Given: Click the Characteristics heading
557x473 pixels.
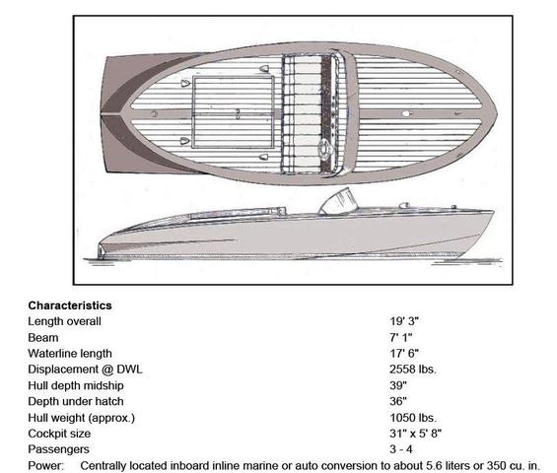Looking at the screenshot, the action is (x=70, y=305).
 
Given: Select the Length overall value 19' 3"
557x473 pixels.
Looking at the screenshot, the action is (x=404, y=321).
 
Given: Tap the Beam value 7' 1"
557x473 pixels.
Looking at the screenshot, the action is (x=400, y=337).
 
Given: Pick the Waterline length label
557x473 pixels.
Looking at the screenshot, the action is (x=70, y=354).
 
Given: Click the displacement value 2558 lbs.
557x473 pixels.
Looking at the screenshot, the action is (x=413, y=370).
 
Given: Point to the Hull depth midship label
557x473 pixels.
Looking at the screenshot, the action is (x=76, y=385).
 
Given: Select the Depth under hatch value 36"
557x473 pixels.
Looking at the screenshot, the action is (x=398, y=401).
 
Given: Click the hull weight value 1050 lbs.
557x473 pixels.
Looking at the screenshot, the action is (x=413, y=418).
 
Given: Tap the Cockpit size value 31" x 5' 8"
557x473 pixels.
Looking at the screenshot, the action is (x=416, y=434).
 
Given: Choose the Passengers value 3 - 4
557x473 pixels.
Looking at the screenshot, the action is (x=401, y=449).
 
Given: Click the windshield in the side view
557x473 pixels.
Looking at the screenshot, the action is (x=338, y=202).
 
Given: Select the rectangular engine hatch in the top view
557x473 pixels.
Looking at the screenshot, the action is (x=233, y=112).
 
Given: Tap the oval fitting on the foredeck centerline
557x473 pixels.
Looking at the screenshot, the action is (x=406, y=113).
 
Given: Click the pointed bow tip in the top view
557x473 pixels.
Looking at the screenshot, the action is (x=497, y=113).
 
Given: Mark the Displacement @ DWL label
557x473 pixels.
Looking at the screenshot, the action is (x=85, y=370).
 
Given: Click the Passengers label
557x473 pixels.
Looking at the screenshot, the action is (x=58, y=449).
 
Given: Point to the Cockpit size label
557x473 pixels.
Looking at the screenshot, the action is (x=59, y=434).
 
